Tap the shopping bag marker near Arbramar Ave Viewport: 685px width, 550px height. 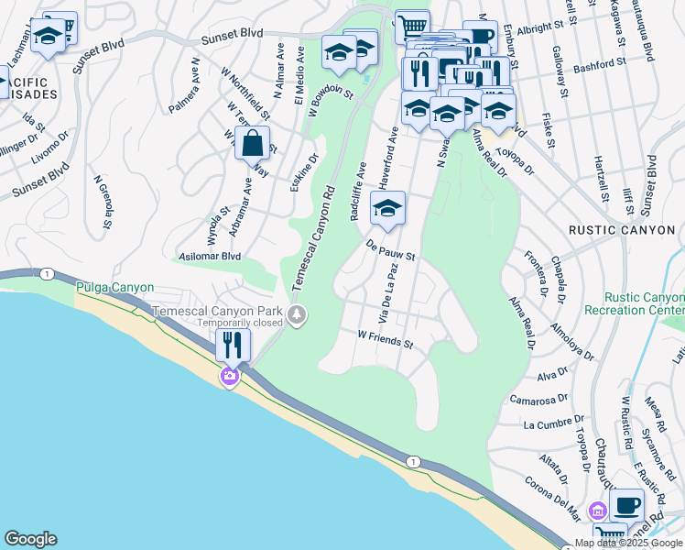tap(252, 144)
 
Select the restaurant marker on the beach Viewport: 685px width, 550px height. tap(232, 345)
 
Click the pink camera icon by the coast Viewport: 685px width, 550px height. tap(229, 376)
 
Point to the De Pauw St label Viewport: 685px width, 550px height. tap(391, 251)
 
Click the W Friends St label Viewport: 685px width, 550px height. tap(386, 341)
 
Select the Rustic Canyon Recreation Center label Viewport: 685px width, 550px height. tap(644, 304)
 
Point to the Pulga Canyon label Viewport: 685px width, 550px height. tap(114, 288)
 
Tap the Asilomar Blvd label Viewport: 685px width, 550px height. tap(210, 258)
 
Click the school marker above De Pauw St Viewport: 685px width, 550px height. tap(387, 208)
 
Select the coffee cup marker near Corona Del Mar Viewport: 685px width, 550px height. tap(627, 504)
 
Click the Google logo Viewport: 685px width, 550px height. tap(30, 539)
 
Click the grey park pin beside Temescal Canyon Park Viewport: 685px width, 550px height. tap(297, 316)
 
